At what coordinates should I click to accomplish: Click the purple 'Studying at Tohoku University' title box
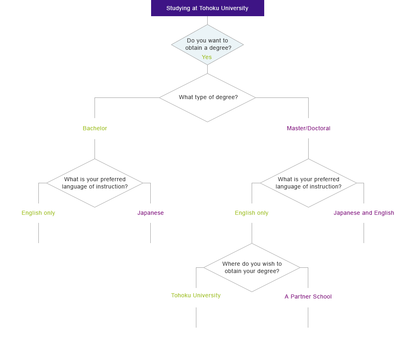pos(207,8)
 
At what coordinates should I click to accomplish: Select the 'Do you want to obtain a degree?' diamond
pos(207,44)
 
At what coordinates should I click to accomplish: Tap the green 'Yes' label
pos(206,57)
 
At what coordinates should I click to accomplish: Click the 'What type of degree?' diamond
pos(207,97)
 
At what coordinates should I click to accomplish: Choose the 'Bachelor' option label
pos(95,128)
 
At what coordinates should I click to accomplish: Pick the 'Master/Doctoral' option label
pos(308,128)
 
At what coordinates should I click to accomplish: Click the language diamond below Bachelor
pos(95,183)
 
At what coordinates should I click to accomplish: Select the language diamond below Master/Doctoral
pos(308,183)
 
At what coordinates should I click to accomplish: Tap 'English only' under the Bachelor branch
pos(38,213)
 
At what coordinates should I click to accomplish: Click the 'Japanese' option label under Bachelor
pos(150,213)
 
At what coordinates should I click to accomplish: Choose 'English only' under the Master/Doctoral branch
pos(252,213)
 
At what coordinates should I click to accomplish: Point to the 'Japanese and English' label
pos(364,213)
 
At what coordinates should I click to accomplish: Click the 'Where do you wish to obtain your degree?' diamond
pos(252,267)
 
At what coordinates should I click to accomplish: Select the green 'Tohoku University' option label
pos(196,295)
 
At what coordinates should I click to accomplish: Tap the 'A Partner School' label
pos(308,296)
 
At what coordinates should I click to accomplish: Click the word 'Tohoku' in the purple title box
pos(209,8)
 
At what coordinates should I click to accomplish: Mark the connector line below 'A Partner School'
pos(308,318)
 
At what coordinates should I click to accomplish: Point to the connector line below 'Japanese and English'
pos(364,233)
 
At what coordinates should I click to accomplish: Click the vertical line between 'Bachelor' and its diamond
pos(95,149)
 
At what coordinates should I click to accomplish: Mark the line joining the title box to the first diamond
pos(207,20)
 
